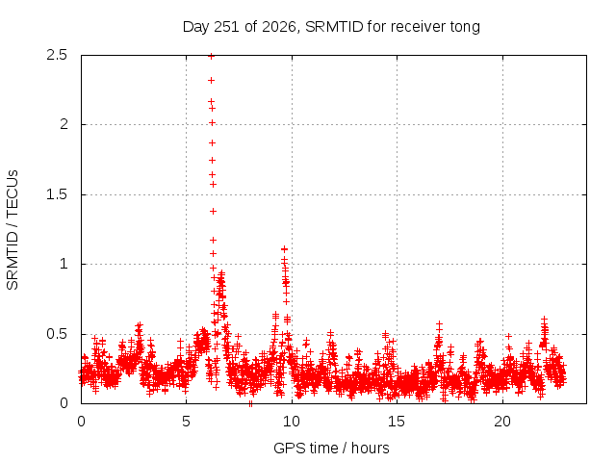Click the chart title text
pos(331,27)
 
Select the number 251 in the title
pos(226,27)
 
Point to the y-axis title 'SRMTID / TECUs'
pos(13,230)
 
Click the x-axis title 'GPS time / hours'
pos(331,448)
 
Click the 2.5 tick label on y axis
pos(57,55)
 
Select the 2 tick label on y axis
pos(64,124)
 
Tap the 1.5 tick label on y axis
pos(57,194)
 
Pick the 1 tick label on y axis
pos(64,264)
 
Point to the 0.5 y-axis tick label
pos(57,334)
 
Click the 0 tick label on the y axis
pos(64,403)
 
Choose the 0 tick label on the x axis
pos(81,422)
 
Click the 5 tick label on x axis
pos(186,422)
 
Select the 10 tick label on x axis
pos(292,422)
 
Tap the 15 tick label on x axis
pos(397,422)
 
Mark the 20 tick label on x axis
pos(502,422)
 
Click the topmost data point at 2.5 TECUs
pos(212,57)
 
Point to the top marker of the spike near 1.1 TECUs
pos(285,249)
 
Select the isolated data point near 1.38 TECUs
pos(214,212)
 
